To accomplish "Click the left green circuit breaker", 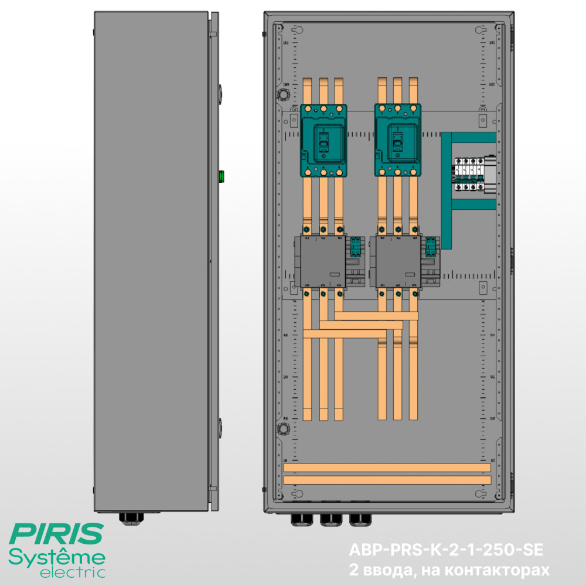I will pyautogui.click(x=323, y=141).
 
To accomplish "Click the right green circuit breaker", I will pyautogui.click(x=397, y=141).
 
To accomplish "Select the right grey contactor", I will pyautogui.click(x=397, y=262).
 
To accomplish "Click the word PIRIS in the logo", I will pyautogui.click(x=57, y=534).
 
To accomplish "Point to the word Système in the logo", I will pyautogui.click(x=57, y=556).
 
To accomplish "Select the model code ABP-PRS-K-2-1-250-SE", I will pyautogui.click(x=446, y=550).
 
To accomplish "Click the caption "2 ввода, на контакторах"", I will pyautogui.click(x=449, y=570).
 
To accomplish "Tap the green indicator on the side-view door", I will pyautogui.click(x=222, y=175).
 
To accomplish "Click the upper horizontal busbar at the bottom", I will pyautogui.click(x=387, y=467).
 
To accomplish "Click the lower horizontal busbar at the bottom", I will pyautogui.click(x=387, y=480).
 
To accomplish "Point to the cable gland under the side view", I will pyautogui.click(x=130, y=518).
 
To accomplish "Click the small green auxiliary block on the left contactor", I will pyautogui.click(x=356, y=247).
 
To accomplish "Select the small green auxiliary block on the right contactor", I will pyautogui.click(x=431, y=247).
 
